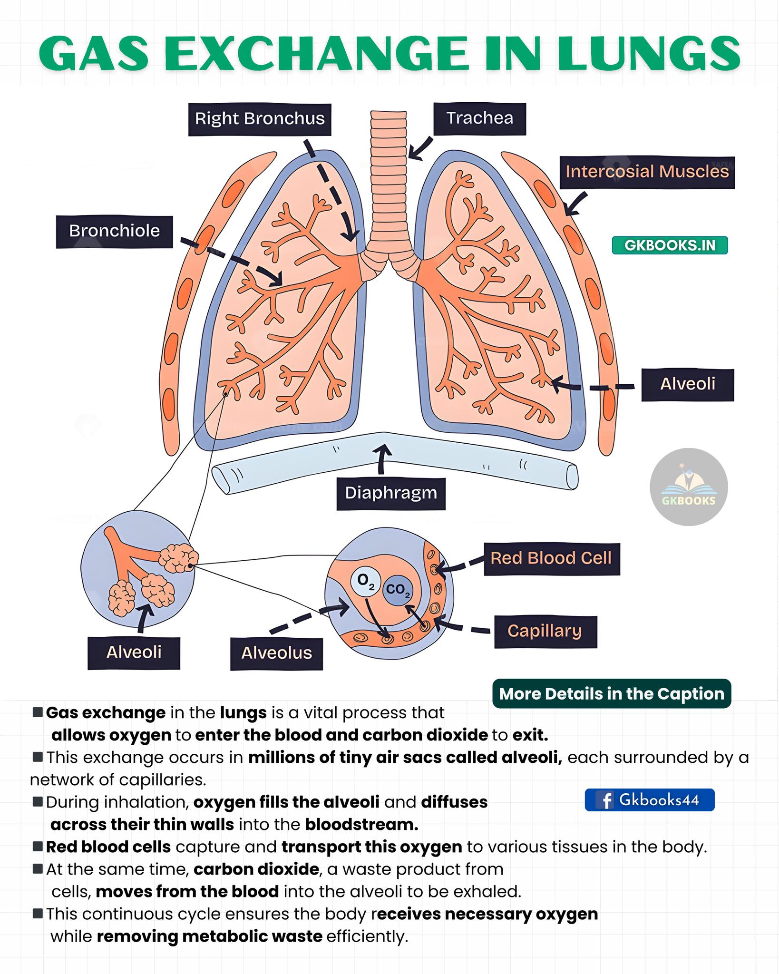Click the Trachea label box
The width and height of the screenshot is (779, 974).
click(x=480, y=118)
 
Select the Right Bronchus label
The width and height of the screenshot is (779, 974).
click(x=260, y=119)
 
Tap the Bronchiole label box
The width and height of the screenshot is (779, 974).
click(x=115, y=232)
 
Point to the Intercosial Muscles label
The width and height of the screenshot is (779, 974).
click(x=647, y=172)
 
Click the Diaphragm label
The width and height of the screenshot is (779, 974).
click(x=391, y=493)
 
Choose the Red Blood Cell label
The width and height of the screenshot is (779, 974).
click(x=552, y=559)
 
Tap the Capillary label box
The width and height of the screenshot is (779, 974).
click(x=545, y=632)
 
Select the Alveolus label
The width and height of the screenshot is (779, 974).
click(x=277, y=653)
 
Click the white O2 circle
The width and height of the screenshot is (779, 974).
click(x=365, y=581)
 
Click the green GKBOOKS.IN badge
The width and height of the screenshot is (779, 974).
click(x=670, y=245)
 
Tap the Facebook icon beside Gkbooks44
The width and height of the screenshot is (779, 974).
click(x=605, y=800)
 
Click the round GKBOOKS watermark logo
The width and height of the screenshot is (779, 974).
click(x=689, y=487)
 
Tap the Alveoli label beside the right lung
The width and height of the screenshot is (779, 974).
click(x=688, y=384)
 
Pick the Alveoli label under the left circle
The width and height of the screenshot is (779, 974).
click(x=134, y=653)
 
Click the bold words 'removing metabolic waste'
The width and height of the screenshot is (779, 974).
click(x=209, y=935)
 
